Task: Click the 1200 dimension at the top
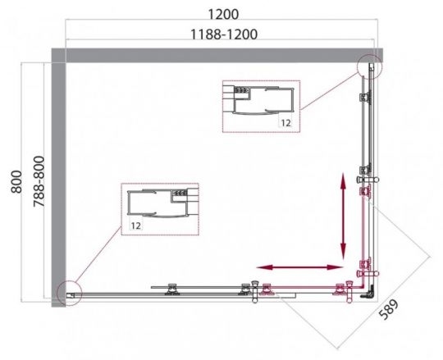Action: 223,14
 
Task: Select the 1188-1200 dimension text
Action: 224,34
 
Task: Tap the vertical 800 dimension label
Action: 16,181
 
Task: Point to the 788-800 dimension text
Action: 39,181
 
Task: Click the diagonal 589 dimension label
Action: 389,309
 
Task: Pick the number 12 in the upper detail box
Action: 285,123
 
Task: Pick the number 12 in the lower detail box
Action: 135,226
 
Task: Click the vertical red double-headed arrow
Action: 343,216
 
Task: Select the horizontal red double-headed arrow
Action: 300,267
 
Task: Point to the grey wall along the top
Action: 217,55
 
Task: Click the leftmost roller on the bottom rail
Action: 172,289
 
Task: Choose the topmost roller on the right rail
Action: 365,97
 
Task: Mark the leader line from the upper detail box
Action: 329,91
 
